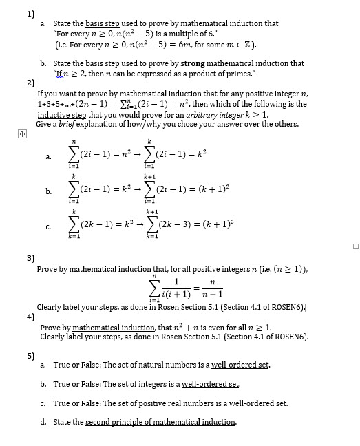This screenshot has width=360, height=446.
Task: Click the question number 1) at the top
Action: [31, 13]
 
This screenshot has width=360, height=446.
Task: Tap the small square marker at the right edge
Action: [355, 246]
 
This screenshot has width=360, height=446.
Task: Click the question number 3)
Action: [31, 258]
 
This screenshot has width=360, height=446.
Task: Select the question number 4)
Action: [31, 317]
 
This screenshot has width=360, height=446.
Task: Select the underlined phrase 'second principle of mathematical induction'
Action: [160, 422]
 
